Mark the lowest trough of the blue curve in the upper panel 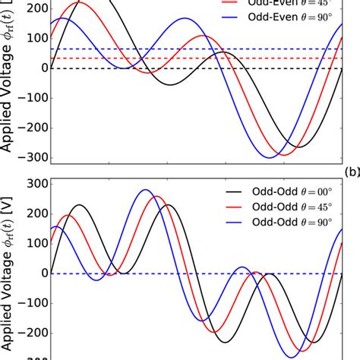[x=270, y=158]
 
